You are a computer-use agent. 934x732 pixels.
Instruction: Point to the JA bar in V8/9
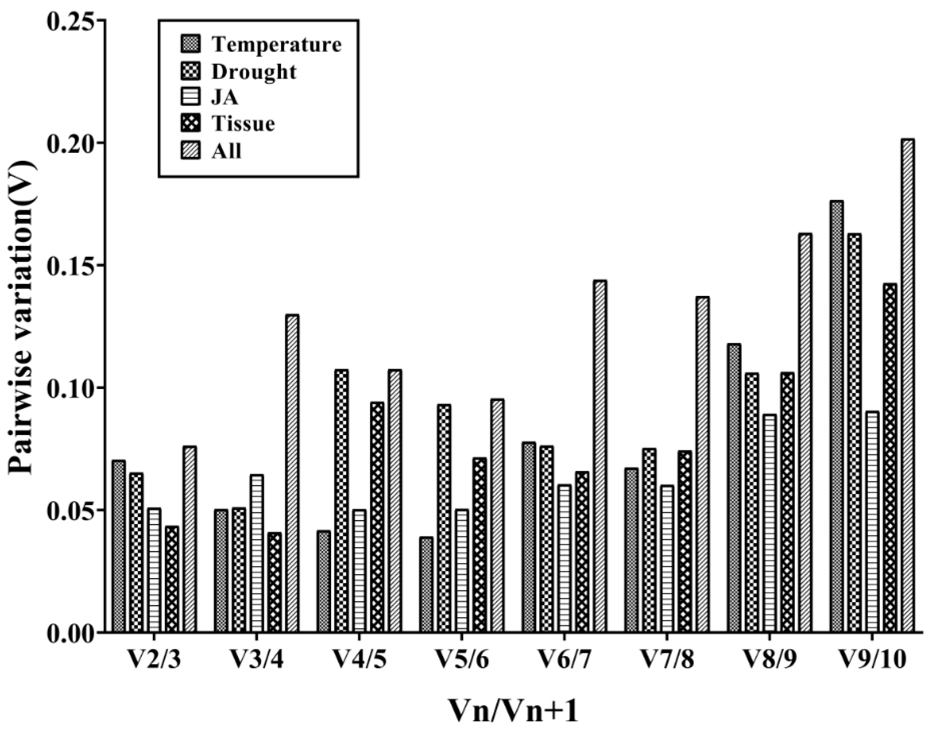(770, 523)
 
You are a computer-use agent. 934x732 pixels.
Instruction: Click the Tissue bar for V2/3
(172, 579)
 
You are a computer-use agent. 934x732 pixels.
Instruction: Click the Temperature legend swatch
(190, 45)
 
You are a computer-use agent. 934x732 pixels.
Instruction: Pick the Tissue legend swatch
(190, 124)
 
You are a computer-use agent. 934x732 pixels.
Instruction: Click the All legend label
(227, 151)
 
